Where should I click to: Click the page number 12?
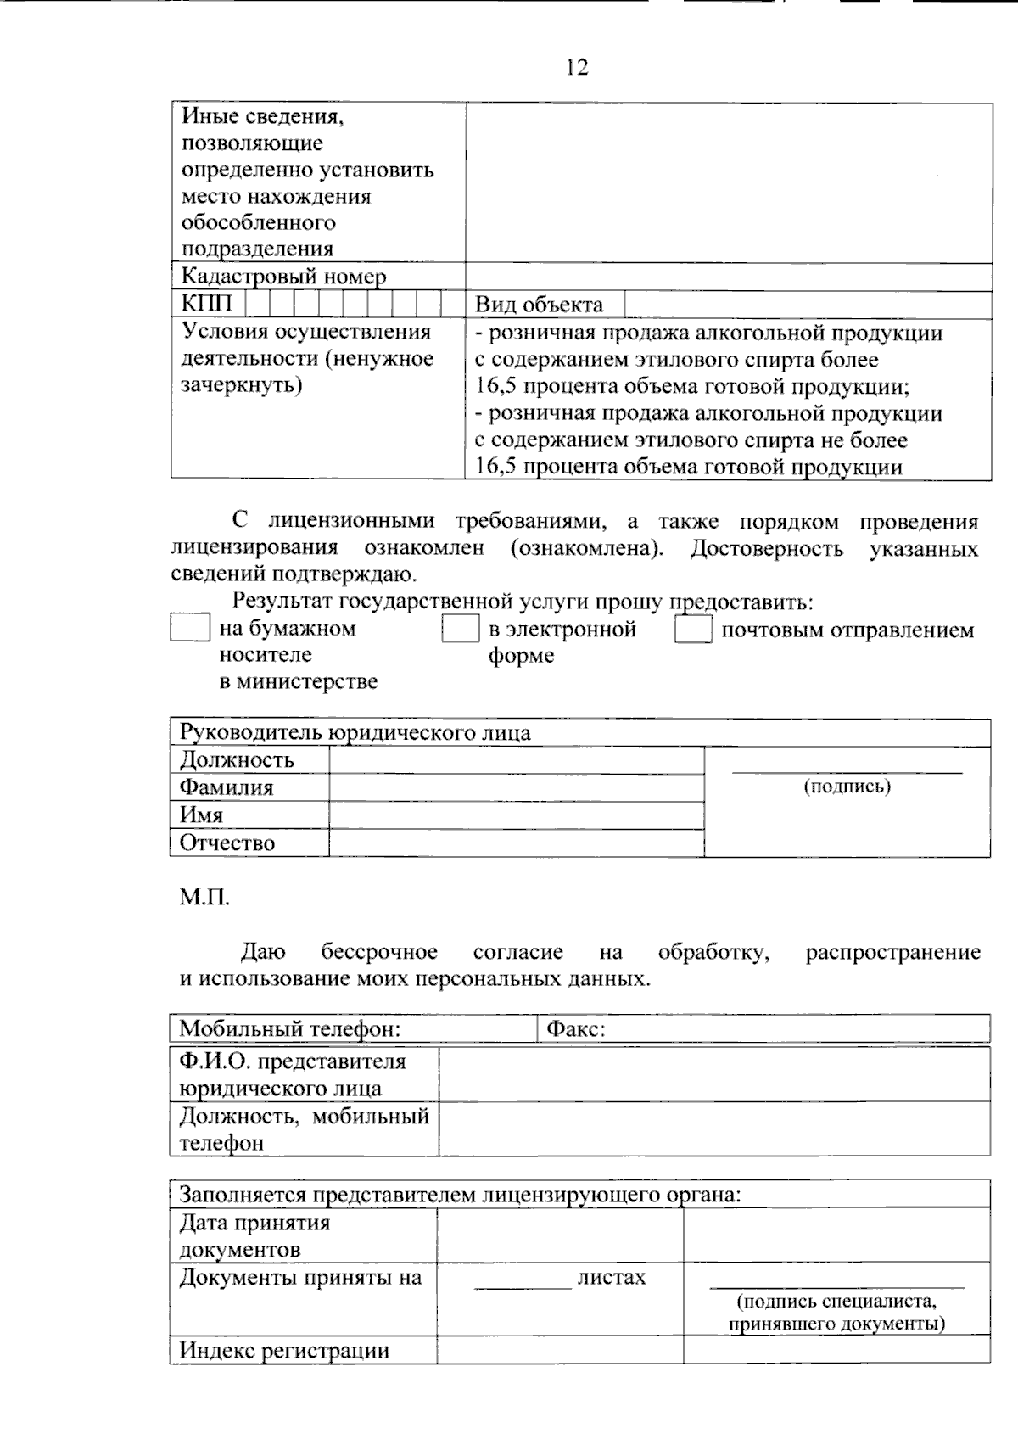(x=577, y=67)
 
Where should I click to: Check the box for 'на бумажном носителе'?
(x=189, y=628)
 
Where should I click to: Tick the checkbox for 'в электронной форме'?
(x=461, y=629)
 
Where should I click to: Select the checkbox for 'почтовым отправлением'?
(x=693, y=630)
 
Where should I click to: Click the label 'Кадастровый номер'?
(x=283, y=277)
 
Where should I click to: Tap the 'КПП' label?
(x=206, y=304)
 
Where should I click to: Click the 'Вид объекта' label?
(x=539, y=305)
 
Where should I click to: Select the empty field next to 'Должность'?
(x=516, y=760)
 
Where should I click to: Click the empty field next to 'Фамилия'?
(x=516, y=788)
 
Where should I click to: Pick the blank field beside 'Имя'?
(x=516, y=815)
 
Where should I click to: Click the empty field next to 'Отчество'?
(x=516, y=843)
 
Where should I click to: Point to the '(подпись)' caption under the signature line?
(x=847, y=787)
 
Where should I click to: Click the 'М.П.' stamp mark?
(x=204, y=897)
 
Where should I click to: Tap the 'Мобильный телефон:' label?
(x=289, y=1029)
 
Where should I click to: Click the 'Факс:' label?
(x=575, y=1029)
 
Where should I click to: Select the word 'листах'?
(x=611, y=1277)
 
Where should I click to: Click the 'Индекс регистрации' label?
(x=284, y=1350)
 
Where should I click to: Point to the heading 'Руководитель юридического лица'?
(x=355, y=733)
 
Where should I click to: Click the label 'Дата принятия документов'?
(x=255, y=1235)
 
